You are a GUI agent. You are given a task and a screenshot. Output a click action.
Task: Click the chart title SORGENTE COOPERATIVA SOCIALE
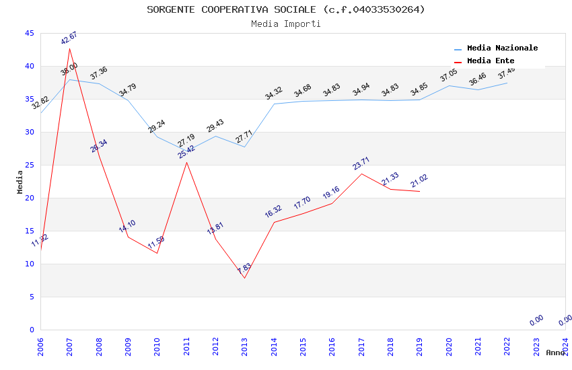coord(286,9)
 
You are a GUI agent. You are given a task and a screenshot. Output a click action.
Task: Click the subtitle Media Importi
coord(286,24)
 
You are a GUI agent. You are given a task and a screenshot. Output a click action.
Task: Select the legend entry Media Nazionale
coord(502,48)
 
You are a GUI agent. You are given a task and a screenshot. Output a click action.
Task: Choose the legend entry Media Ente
coord(491,61)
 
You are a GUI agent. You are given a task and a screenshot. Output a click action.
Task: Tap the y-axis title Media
coord(20,182)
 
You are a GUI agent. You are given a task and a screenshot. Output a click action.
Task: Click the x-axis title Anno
coord(555,353)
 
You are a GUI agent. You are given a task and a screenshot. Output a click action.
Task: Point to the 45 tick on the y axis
coord(28,33)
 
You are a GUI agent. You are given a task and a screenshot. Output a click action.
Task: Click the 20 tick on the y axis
coord(28,198)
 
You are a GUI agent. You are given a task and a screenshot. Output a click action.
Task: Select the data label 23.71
coord(361,163)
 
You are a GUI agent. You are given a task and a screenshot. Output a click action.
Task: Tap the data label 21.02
coord(419,181)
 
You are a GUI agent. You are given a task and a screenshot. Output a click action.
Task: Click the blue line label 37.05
coord(448,75)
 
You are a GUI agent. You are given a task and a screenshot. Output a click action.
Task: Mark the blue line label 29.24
coord(157,126)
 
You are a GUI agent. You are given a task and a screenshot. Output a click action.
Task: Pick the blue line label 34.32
coord(273,94)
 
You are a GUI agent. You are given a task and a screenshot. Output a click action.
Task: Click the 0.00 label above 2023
coord(536,320)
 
